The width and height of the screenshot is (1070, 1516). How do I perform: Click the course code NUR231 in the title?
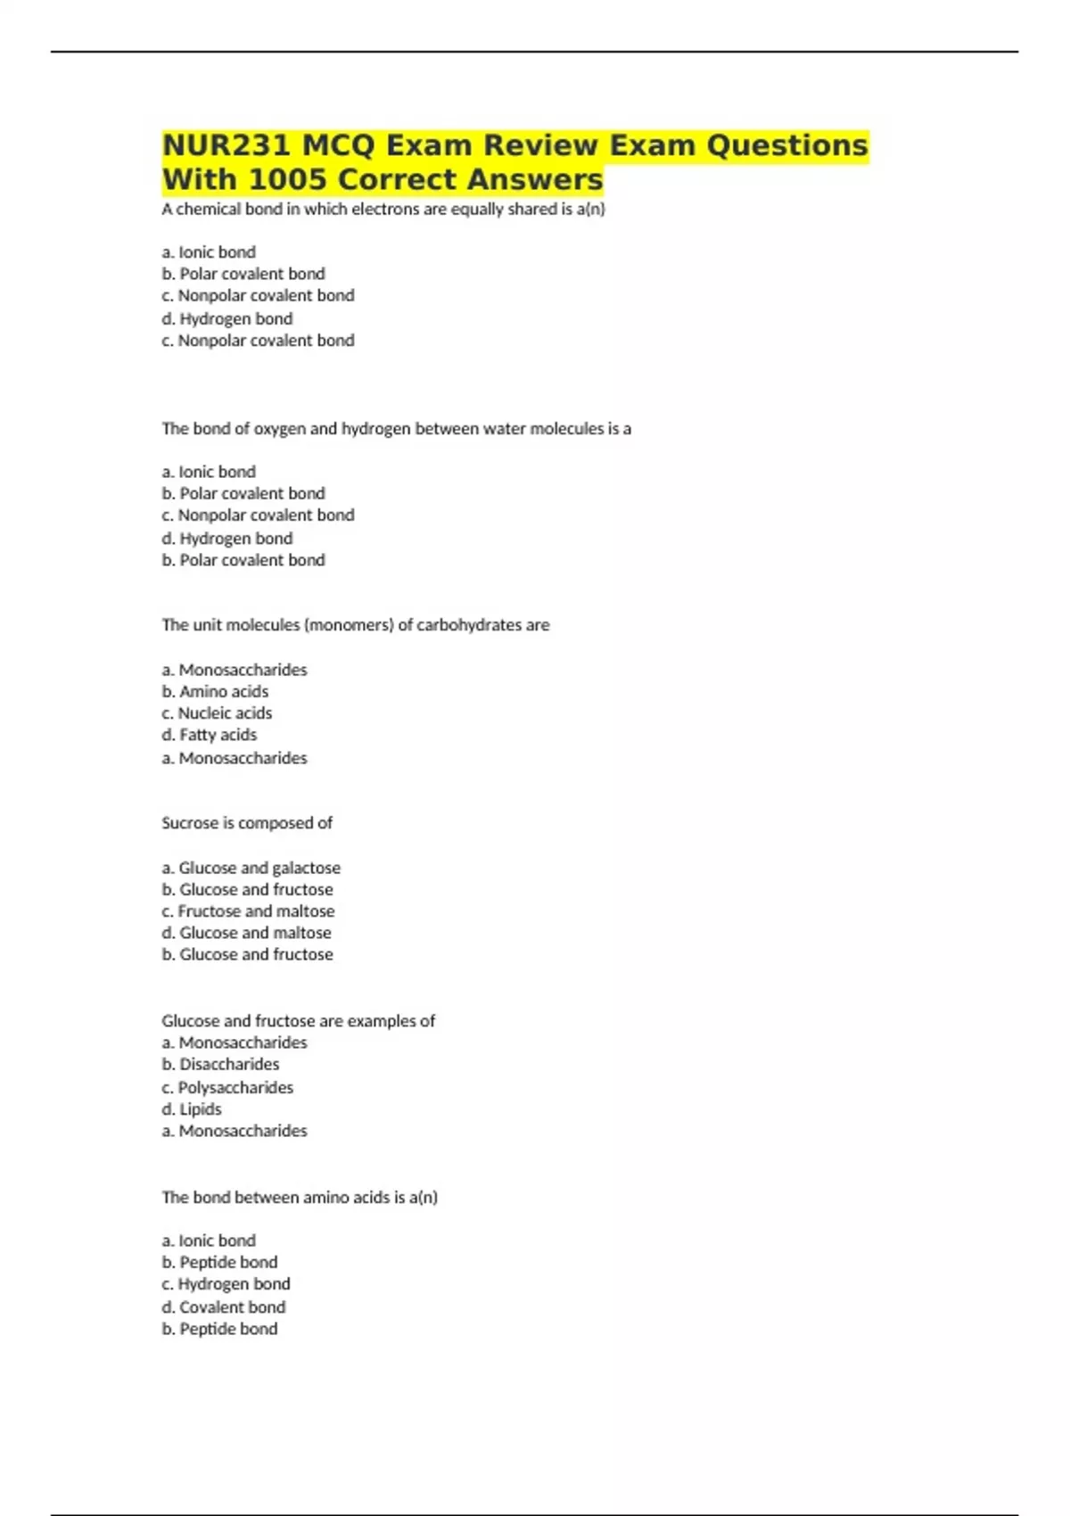(x=226, y=145)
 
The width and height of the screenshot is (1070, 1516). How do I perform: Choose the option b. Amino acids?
(x=215, y=692)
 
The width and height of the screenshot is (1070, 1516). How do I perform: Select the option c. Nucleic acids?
(x=217, y=713)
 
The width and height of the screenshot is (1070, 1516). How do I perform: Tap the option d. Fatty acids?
(x=210, y=735)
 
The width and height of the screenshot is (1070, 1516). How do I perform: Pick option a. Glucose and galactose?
(x=251, y=868)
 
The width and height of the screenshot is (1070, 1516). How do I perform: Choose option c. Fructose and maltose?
(x=248, y=911)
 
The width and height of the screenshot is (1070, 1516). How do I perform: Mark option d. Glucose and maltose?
(x=246, y=933)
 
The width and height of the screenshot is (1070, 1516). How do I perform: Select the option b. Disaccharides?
(x=220, y=1065)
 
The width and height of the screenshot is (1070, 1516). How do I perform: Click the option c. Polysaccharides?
(x=227, y=1088)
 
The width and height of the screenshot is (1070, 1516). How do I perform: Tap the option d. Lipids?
(x=192, y=1109)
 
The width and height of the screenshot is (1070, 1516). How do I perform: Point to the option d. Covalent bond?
(x=224, y=1307)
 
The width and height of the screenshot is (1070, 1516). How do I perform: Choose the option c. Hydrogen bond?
(x=226, y=1284)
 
